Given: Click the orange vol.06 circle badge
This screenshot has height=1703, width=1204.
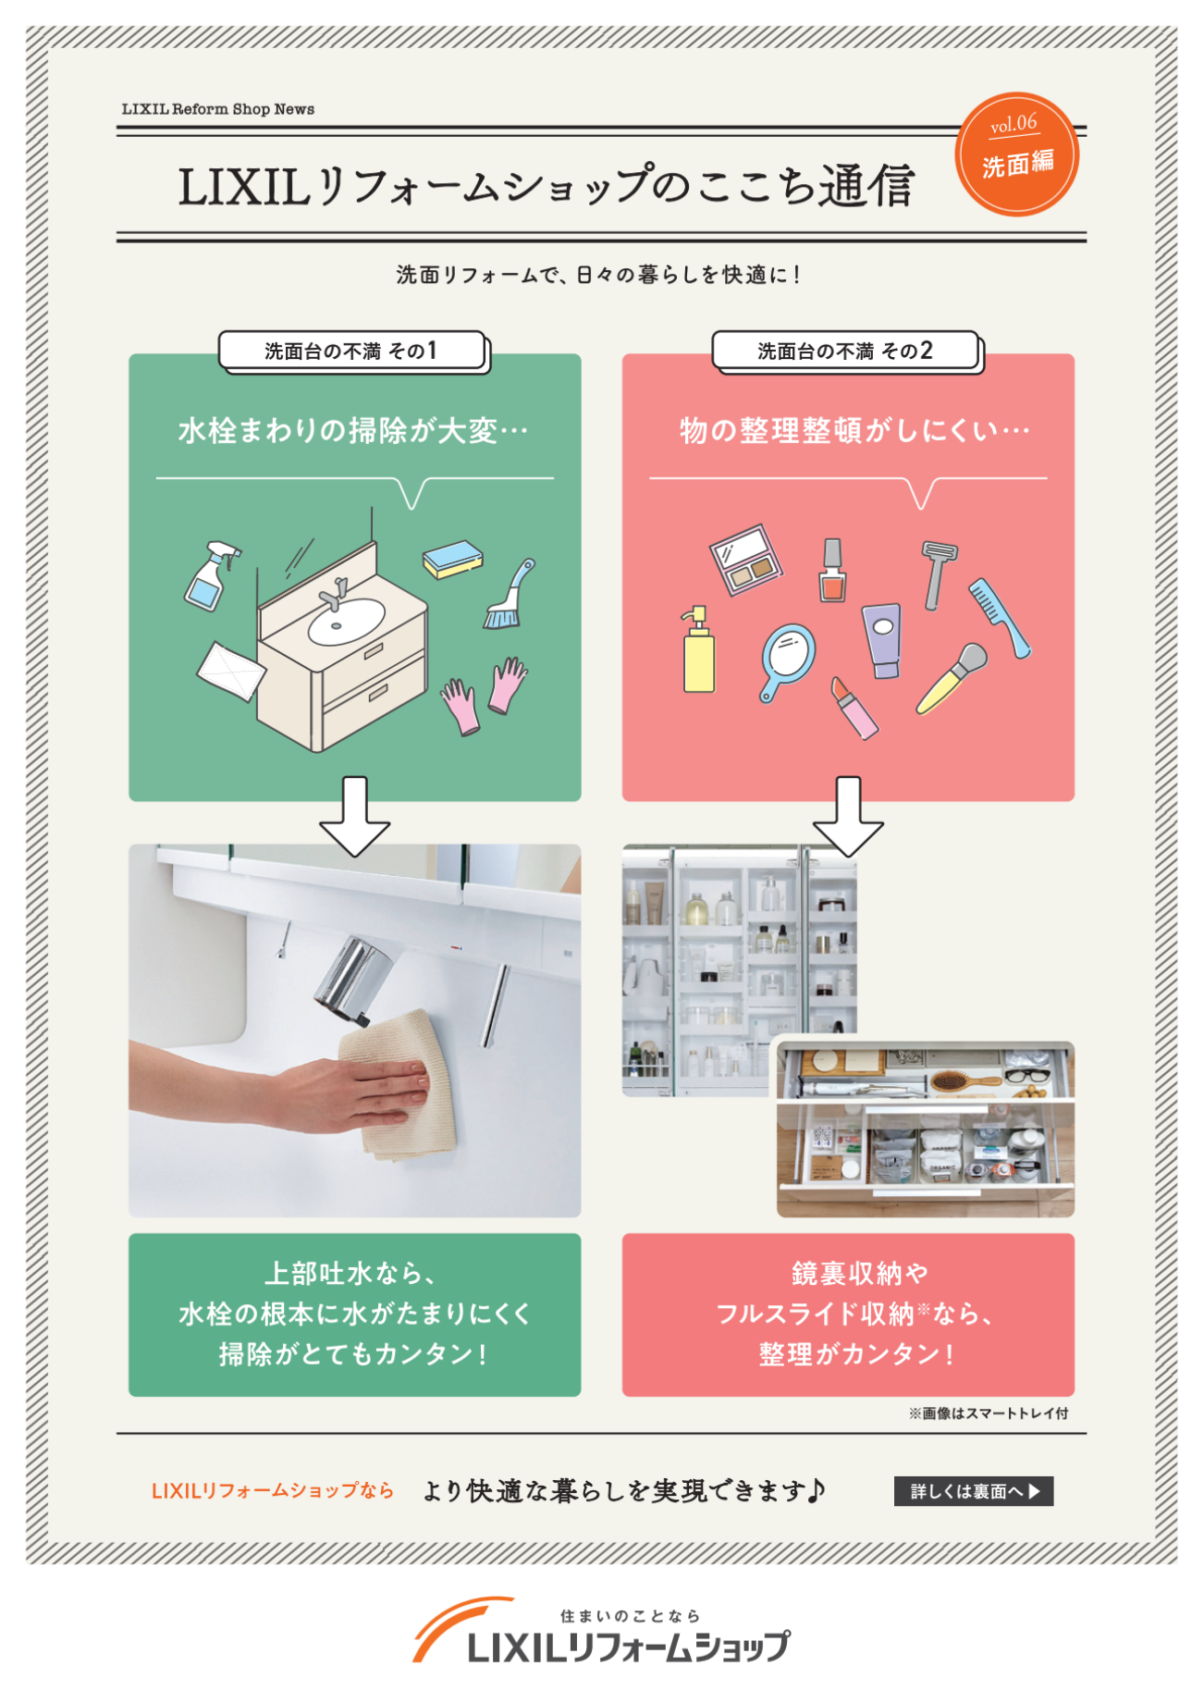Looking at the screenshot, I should (1016, 154).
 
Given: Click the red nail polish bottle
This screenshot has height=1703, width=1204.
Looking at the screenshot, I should (832, 575).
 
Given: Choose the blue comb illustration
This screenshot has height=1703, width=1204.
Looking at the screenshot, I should (999, 616).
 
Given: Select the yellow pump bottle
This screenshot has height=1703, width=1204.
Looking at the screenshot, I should (698, 654).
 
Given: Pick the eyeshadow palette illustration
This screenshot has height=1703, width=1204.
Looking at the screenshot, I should (745, 560).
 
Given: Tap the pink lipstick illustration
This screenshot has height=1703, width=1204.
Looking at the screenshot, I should (854, 708).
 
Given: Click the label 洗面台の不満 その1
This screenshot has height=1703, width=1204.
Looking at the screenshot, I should (351, 352).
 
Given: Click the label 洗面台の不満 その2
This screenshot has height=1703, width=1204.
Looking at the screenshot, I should (845, 352).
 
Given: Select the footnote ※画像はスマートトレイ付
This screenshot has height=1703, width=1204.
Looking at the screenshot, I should (988, 1413).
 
